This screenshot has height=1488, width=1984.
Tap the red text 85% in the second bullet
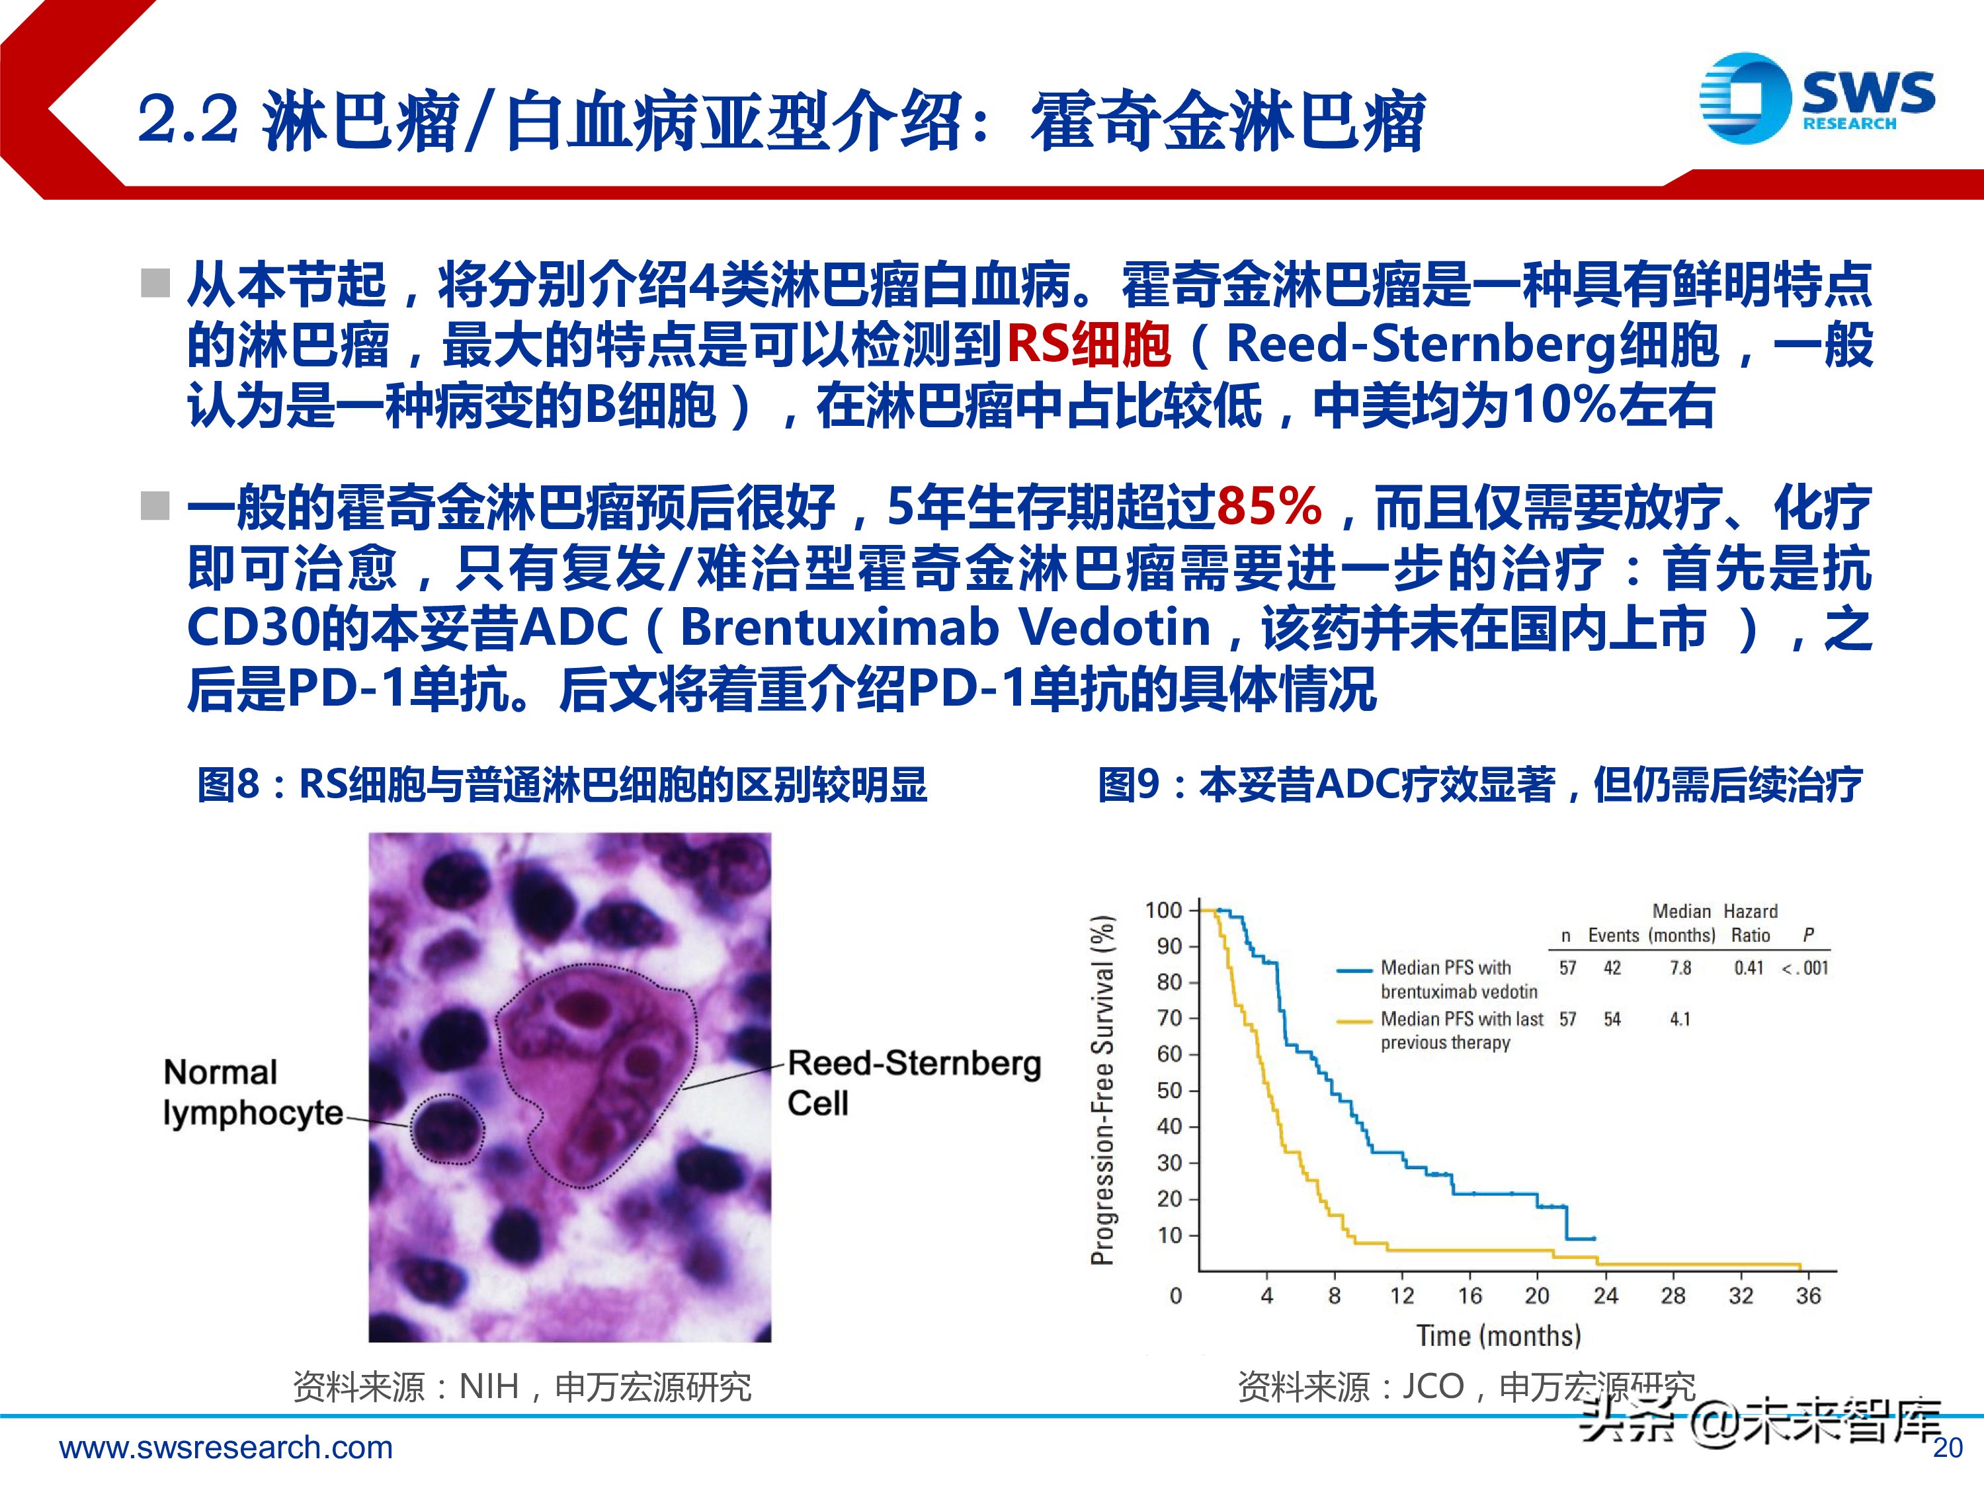(x=1269, y=506)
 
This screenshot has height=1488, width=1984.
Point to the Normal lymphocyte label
(x=252, y=1093)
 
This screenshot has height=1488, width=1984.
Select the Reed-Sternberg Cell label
(x=914, y=1083)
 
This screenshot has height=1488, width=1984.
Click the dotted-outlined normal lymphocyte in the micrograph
(x=446, y=1130)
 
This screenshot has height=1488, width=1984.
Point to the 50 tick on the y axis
(x=1170, y=1091)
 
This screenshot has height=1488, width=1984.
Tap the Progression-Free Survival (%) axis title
(x=1102, y=1090)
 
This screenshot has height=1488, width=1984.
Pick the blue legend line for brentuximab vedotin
(x=1354, y=970)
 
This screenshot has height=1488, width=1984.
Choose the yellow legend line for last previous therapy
(x=1354, y=1020)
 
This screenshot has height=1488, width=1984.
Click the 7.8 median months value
(x=1680, y=968)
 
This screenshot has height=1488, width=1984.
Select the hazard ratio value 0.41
(x=1748, y=968)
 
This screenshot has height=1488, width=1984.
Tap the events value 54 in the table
(x=1612, y=1019)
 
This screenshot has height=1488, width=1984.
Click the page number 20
(x=1947, y=1448)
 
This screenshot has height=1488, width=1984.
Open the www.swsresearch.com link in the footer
(x=226, y=1448)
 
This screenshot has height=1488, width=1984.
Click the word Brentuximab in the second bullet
(x=839, y=628)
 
